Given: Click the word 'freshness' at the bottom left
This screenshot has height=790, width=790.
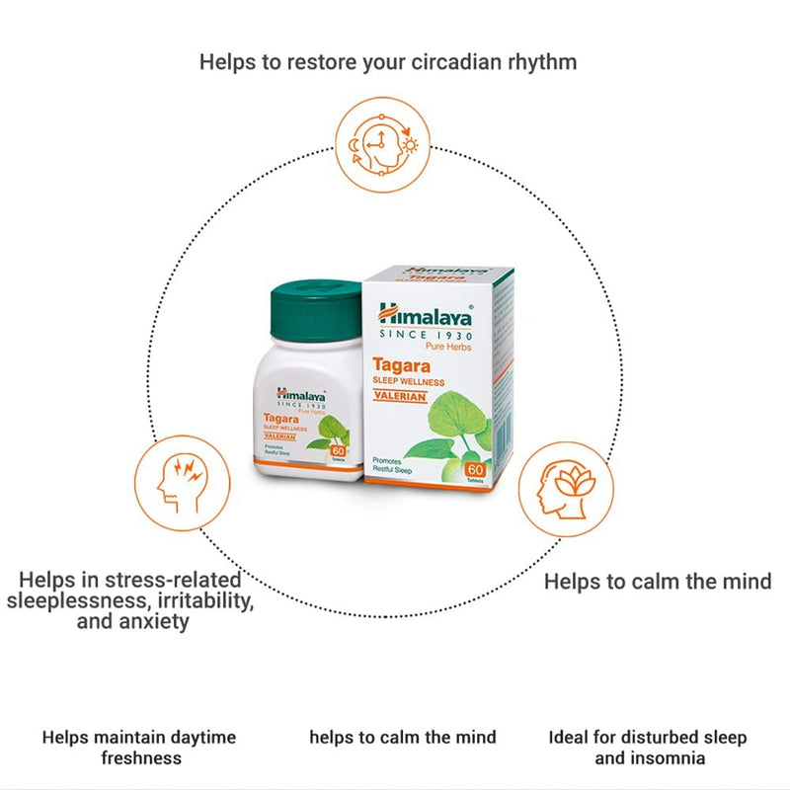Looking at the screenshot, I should (x=141, y=758).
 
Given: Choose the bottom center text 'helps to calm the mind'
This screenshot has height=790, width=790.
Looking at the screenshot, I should (x=402, y=738).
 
